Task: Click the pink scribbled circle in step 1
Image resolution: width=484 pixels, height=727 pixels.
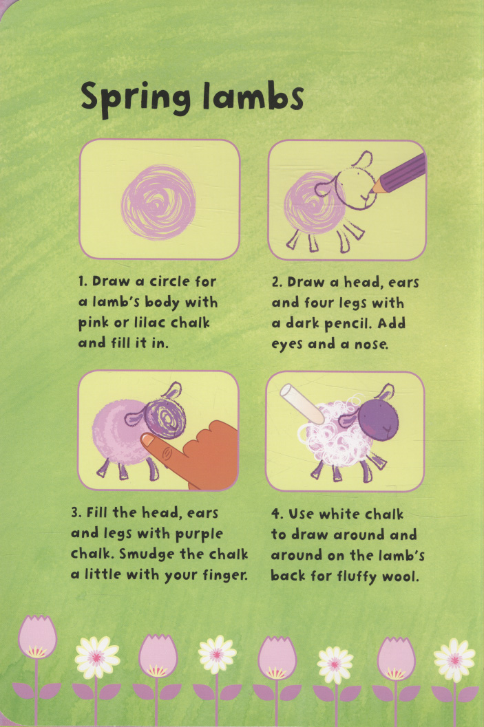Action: pyautogui.click(x=159, y=203)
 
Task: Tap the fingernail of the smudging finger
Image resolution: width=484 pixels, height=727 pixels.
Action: pyautogui.click(x=147, y=439)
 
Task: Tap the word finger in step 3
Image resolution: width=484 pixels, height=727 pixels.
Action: pyautogui.click(x=225, y=576)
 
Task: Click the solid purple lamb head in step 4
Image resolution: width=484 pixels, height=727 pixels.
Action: pyautogui.click(x=378, y=420)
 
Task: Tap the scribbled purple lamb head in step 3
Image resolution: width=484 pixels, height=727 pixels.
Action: pyautogui.click(x=165, y=417)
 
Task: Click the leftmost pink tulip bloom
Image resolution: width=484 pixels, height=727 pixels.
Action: pyautogui.click(x=37, y=637)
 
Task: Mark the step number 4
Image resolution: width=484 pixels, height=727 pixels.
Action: pyautogui.click(x=276, y=514)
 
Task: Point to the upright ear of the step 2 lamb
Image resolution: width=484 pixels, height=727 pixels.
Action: pyautogui.click(x=362, y=160)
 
